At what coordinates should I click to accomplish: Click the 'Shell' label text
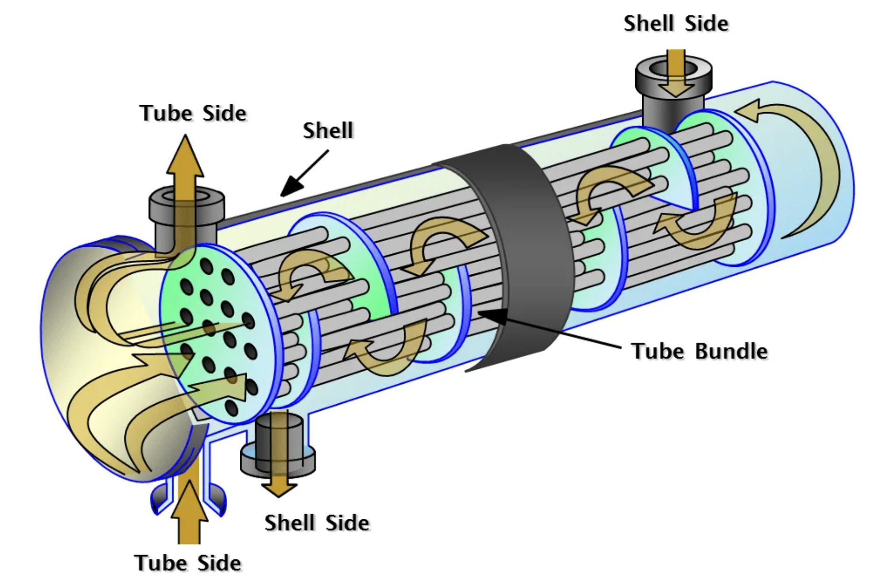pos(328,131)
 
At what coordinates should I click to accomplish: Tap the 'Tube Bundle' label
pos(699,351)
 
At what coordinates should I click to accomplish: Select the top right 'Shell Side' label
pos(676,24)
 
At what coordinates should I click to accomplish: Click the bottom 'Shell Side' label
pos(317,523)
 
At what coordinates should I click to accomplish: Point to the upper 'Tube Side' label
pos(193,114)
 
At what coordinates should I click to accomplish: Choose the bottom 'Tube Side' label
pos(188,563)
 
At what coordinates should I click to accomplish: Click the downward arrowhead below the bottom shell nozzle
pos(279,488)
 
